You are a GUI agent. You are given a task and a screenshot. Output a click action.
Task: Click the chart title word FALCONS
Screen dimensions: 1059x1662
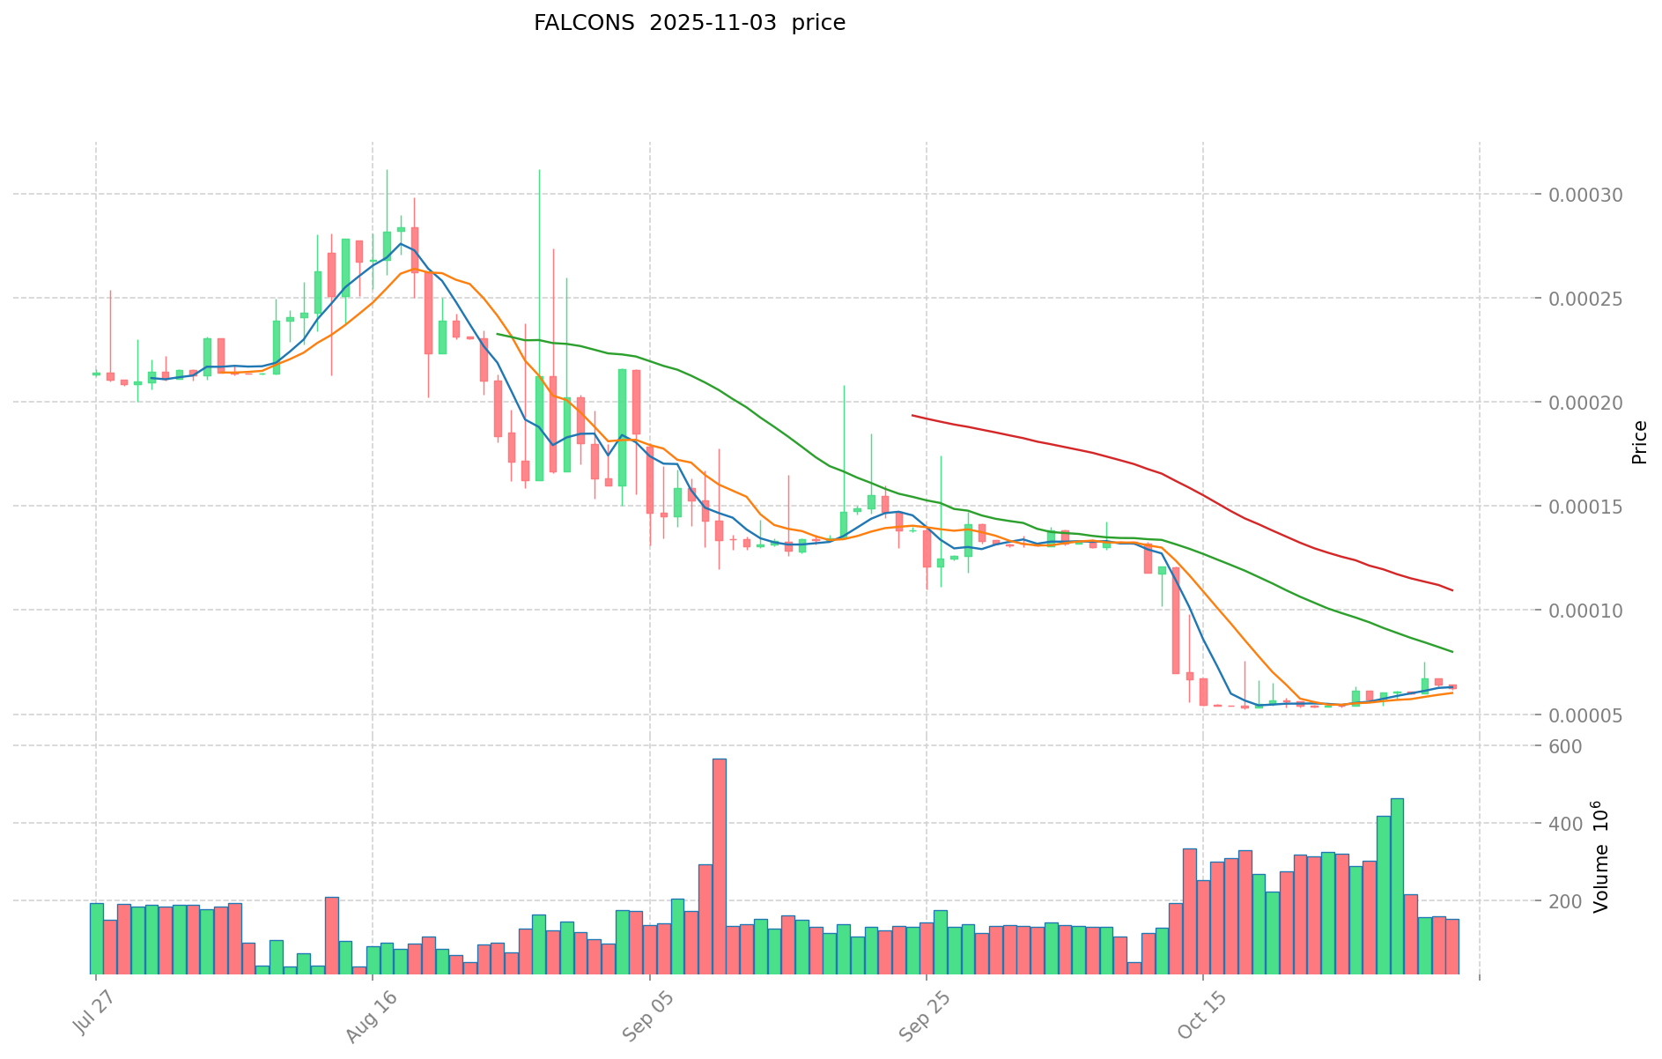583,24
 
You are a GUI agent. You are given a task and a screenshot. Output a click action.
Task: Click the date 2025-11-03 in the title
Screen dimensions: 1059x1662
713,24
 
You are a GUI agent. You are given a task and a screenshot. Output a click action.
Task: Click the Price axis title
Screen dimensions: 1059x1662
1639,442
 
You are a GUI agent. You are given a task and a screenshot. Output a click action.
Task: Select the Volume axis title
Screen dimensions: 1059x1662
1600,856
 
